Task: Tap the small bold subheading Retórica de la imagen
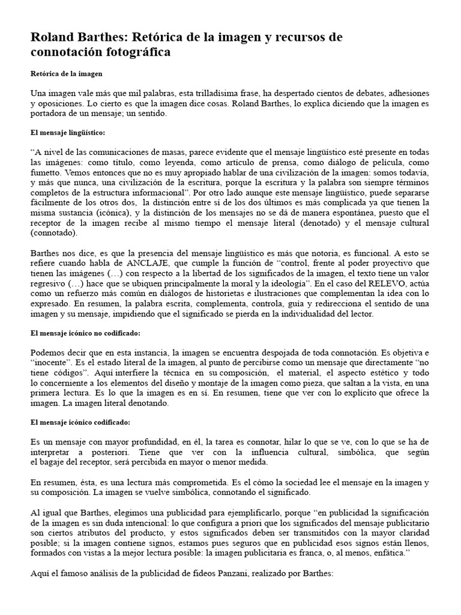67,73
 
